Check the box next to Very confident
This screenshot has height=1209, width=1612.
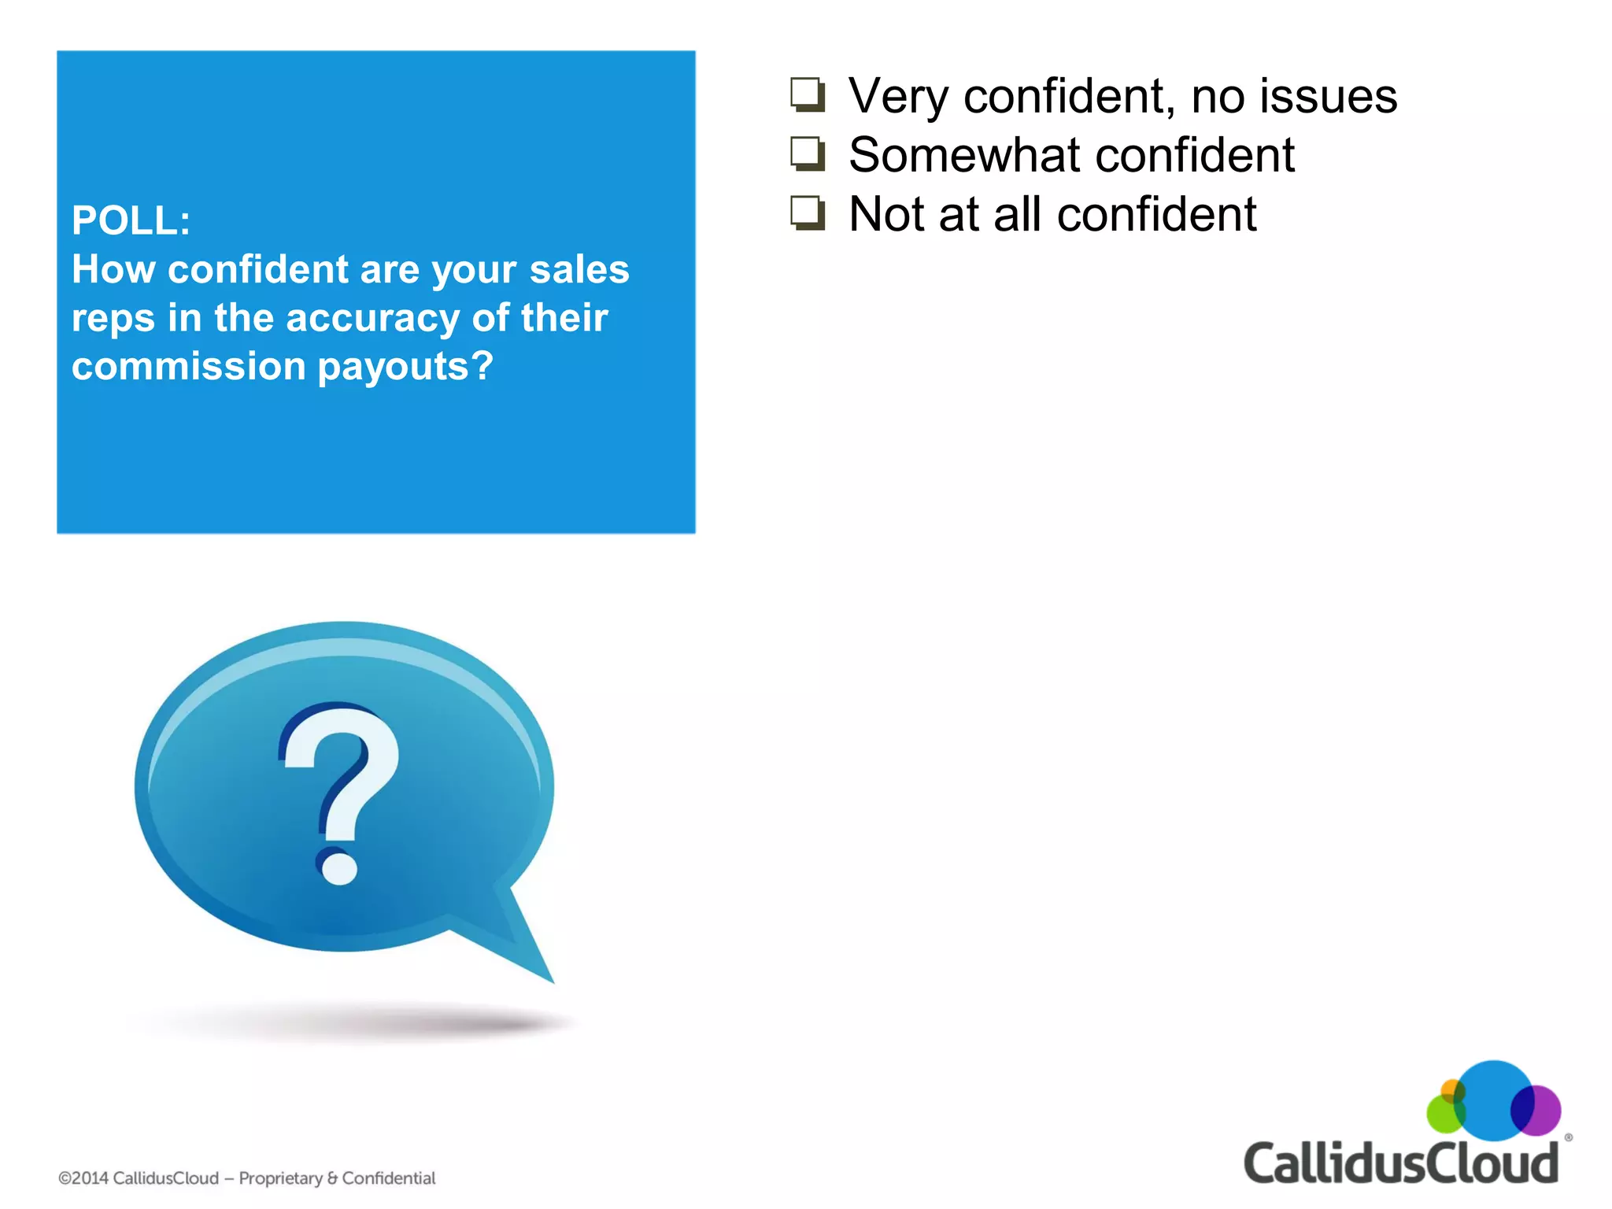tap(808, 95)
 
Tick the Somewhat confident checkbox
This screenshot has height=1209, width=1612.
tap(808, 154)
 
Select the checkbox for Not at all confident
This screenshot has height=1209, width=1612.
tap(808, 213)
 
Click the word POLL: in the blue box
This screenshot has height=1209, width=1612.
tap(131, 220)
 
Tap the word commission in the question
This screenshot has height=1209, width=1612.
tap(189, 366)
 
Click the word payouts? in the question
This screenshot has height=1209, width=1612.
tap(405, 368)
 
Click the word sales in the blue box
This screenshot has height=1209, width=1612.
tap(579, 269)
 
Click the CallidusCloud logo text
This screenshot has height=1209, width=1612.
tap(1400, 1164)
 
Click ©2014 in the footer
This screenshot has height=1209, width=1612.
tap(83, 1178)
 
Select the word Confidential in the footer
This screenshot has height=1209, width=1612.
tap(388, 1178)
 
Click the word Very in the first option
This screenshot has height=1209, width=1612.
tap(897, 96)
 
